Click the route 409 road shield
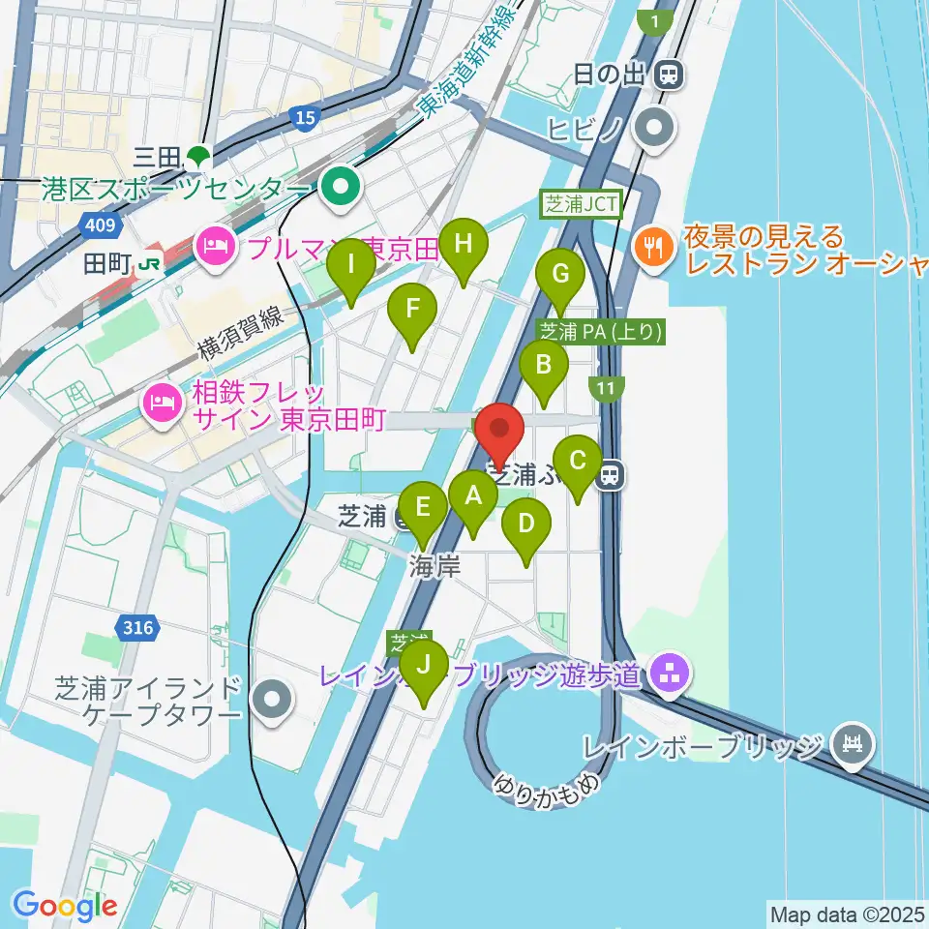[x=105, y=225]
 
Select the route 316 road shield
[x=138, y=629]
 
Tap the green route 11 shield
[x=606, y=389]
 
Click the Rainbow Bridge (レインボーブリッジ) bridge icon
[x=854, y=746]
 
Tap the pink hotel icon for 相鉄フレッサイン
[x=160, y=405]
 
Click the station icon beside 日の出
[x=667, y=73]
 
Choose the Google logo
[x=65, y=906]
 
